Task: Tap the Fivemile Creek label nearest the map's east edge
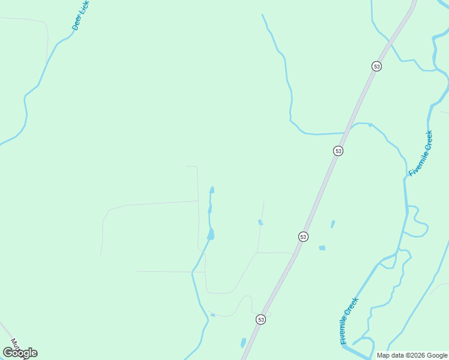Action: click(x=420, y=153)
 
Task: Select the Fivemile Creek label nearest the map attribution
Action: click(x=349, y=321)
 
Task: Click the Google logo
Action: click(x=20, y=353)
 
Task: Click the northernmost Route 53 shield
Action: click(x=376, y=66)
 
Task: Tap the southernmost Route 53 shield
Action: click(x=261, y=319)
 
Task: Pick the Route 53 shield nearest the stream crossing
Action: click(x=339, y=151)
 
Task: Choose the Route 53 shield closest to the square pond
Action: click(x=303, y=236)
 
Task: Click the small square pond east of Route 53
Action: click(x=322, y=248)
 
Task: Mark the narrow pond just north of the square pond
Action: click(x=333, y=224)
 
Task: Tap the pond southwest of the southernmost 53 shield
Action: click(x=243, y=343)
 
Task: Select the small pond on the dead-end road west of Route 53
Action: click(x=261, y=223)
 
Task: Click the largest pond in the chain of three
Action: click(x=211, y=234)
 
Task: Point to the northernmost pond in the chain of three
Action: click(x=212, y=190)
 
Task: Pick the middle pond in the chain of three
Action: click(x=209, y=209)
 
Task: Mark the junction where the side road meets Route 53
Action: click(x=294, y=254)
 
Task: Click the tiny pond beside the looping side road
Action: click(x=212, y=314)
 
